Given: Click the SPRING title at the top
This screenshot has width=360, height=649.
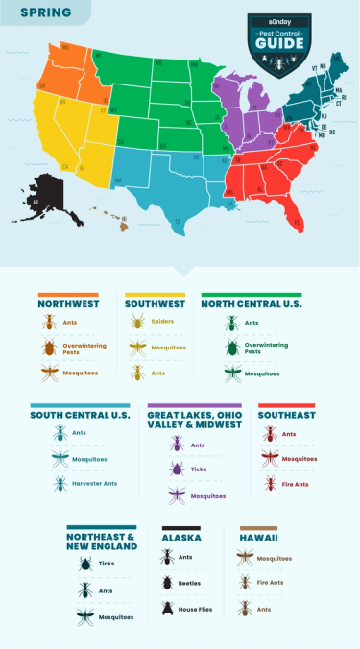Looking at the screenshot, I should [38, 12].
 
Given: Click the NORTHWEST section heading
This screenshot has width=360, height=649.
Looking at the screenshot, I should [68, 303].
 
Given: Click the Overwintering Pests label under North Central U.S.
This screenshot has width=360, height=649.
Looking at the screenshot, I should [266, 348].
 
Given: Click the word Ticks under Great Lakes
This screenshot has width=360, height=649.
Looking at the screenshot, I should [198, 469].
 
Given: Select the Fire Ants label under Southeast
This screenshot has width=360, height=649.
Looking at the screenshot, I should [297, 483].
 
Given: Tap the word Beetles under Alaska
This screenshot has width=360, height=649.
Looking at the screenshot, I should [190, 582].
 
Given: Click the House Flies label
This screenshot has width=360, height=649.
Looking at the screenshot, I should [196, 608].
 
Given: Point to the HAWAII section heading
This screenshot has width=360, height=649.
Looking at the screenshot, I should [260, 539].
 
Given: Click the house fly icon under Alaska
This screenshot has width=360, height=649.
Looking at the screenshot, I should [168, 608].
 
